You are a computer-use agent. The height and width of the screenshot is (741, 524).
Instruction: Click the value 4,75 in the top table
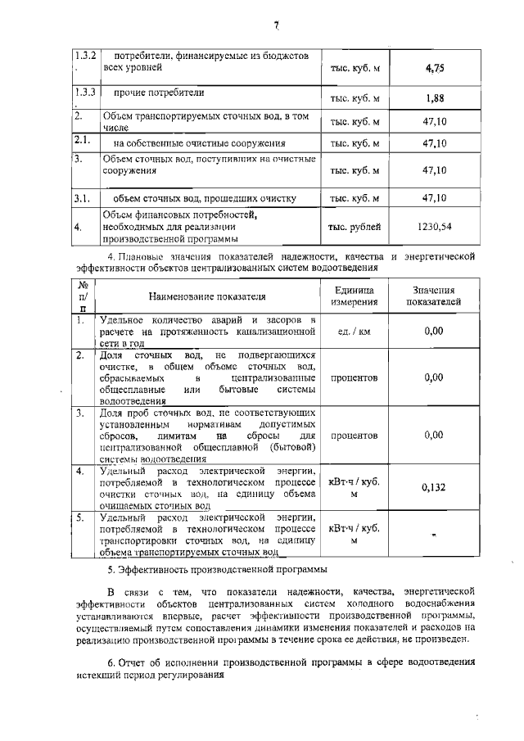click(x=434, y=69)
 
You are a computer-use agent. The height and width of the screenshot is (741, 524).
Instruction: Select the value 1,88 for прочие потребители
click(x=434, y=99)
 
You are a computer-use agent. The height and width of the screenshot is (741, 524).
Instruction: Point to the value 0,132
click(x=434, y=488)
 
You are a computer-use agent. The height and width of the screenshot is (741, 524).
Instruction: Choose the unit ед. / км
click(x=355, y=332)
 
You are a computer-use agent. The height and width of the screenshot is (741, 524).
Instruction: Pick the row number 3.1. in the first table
click(x=81, y=198)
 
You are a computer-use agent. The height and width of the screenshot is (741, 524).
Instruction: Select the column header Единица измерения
click(x=355, y=296)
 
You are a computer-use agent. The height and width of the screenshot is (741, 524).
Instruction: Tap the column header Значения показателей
click(x=434, y=296)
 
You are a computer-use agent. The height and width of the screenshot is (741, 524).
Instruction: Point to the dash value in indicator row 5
click(x=434, y=534)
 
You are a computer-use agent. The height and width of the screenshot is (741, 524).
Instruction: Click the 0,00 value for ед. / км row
click(x=434, y=331)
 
